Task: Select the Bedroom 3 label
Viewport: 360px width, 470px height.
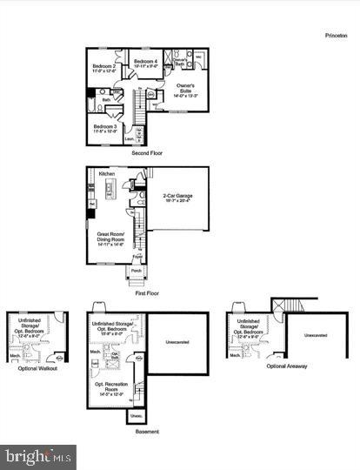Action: tap(104, 129)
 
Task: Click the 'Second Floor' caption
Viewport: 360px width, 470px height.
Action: tap(147, 153)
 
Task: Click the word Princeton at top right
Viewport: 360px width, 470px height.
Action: tap(335, 37)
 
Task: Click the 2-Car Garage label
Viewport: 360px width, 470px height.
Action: tap(177, 198)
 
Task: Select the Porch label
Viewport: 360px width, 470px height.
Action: tap(137, 270)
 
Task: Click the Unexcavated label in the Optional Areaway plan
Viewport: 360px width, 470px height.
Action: tap(316, 334)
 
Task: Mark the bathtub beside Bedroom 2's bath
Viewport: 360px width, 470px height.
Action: tap(92, 110)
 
